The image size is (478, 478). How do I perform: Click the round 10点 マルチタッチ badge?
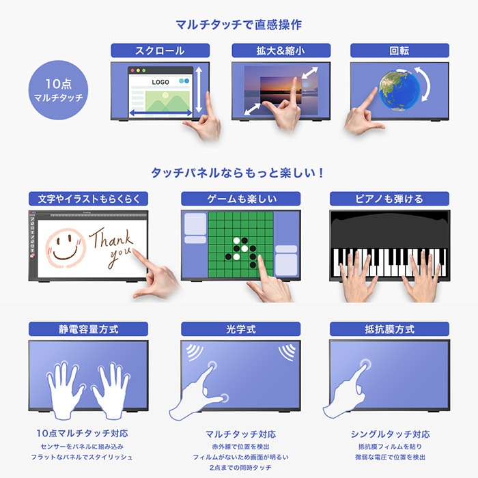(58, 90)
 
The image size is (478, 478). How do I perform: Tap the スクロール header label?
(160, 51)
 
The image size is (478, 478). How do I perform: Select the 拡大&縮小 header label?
(281, 51)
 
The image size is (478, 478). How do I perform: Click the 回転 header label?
(399, 51)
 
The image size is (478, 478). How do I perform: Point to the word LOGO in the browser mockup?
(160, 82)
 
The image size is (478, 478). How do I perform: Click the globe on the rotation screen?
(395, 89)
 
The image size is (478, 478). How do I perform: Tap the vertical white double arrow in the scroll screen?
(199, 89)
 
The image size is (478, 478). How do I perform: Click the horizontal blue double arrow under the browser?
(160, 113)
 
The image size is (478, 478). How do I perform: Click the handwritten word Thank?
(111, 239)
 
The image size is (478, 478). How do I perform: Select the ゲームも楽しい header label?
(241, 199)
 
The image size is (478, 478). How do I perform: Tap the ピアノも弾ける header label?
(389, 199)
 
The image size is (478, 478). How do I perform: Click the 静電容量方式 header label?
(88, 329)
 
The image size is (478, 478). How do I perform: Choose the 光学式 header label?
(241, 329)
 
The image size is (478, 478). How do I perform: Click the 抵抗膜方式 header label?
(389, 329)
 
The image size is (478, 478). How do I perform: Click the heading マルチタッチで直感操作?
(239, 25)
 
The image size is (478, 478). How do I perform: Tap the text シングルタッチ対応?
(390, 434)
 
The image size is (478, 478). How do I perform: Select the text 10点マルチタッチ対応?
(83, 433)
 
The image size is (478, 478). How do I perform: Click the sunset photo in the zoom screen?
(281, 91)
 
